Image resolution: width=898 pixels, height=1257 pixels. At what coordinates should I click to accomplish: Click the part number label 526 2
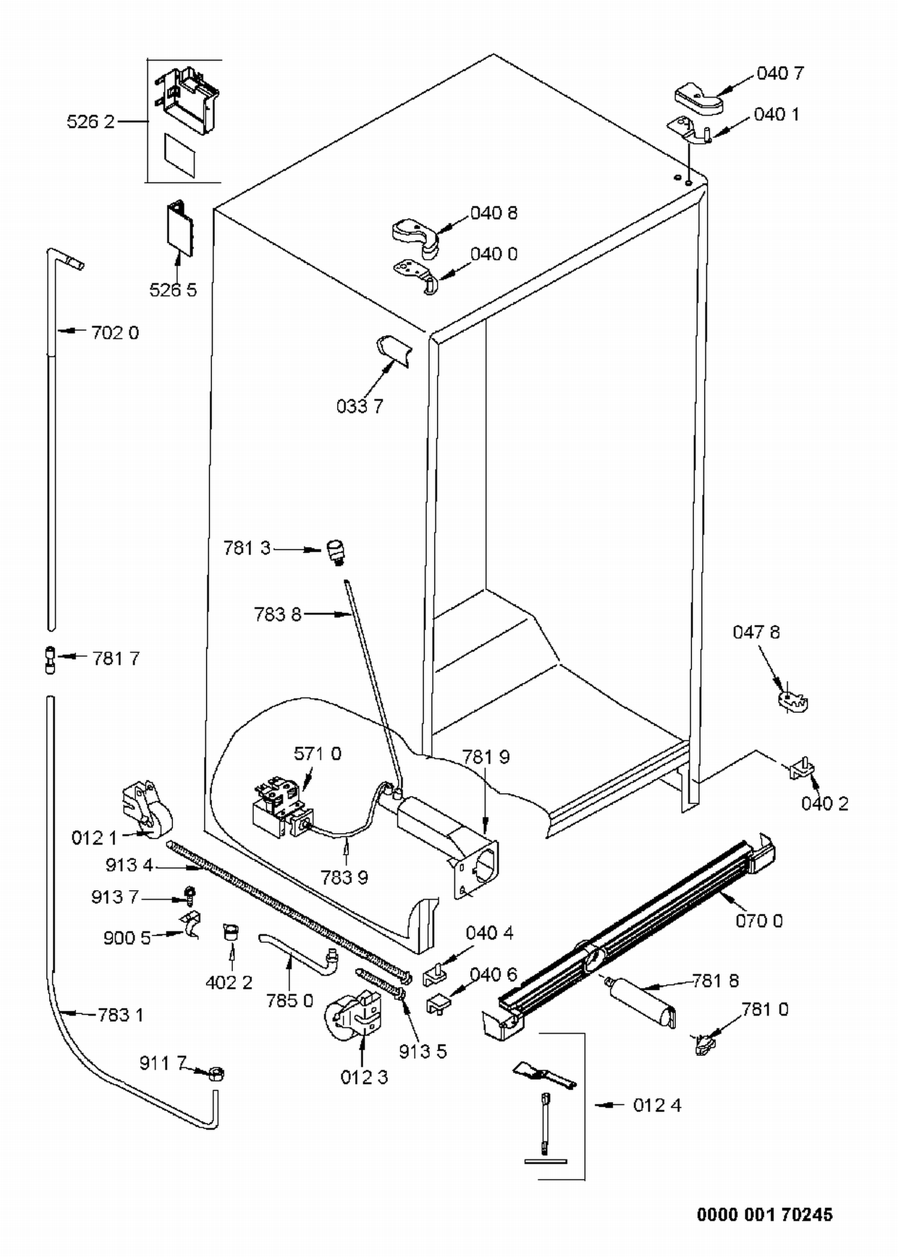click(90, 122)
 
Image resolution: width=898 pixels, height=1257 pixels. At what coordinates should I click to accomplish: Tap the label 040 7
click(780, 73)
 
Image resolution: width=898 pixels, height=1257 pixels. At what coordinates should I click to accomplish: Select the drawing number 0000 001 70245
click(764, 1215)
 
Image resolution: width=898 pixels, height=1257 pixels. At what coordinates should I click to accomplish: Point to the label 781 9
click(486, 757)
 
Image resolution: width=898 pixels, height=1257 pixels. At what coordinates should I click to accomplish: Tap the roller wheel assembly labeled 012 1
click(147, 809)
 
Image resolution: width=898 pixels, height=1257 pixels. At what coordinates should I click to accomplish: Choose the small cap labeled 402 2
click(230, 933)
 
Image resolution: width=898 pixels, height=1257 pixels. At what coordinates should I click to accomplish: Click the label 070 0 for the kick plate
click(759, 921)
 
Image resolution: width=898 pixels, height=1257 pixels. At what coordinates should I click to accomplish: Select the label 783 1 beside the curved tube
click(120, 1015)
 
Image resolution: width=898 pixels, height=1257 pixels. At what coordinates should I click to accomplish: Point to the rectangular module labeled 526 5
click(180, 229)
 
